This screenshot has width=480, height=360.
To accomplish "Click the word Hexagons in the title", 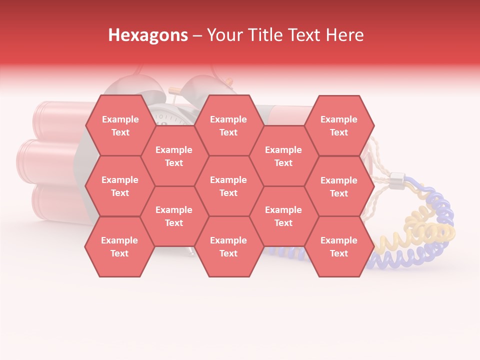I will click(148, 35).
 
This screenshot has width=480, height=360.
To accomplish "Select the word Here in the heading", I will click(344, 35).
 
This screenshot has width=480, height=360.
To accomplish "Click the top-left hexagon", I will click(120, 125).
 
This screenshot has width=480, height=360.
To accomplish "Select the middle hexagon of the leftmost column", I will click(120, 186).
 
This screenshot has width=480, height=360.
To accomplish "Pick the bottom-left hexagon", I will click(119, 246).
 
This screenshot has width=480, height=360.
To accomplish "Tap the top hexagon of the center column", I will click(228, 125).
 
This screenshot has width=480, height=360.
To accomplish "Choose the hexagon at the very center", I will click(228, 186).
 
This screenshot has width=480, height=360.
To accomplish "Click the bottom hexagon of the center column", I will click(228, 246).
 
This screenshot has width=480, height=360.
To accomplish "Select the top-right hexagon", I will click(339, 125).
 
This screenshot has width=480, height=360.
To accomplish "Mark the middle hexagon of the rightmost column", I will click(339, 186).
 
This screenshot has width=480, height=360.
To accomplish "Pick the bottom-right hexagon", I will click(339, 246).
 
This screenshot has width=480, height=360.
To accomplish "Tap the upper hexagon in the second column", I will click(174, 156).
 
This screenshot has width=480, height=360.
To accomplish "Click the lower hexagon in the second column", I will click(174, 216).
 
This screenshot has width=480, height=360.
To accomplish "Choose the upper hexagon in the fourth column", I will click(283, 156).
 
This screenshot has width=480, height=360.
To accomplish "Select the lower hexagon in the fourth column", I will click(283, 216).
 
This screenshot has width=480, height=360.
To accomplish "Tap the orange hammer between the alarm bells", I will click(174, 90).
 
